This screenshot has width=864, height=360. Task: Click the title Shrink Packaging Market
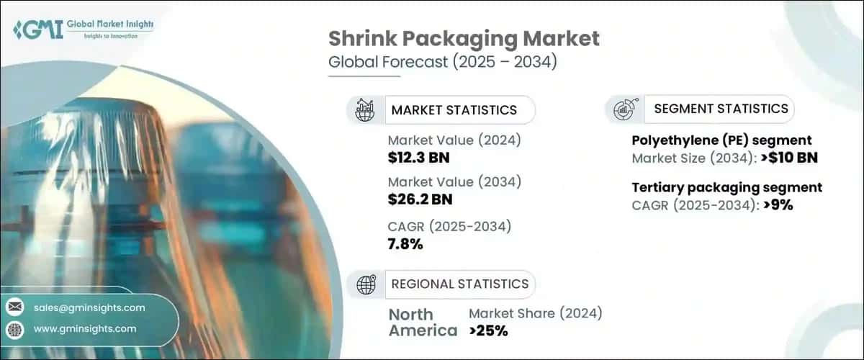464,39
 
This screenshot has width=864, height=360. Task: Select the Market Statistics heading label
454,110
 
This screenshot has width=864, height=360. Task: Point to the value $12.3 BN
420,157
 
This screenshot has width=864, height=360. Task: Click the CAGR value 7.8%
405,244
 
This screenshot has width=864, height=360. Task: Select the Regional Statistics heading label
459,284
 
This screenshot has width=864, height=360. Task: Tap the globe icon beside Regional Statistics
366,284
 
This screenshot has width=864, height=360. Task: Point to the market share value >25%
488,331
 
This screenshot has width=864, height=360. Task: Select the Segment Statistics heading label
721,109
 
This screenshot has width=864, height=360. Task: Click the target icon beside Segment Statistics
623,109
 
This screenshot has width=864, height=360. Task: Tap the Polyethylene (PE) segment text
721,140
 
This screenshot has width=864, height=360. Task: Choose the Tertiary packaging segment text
726,187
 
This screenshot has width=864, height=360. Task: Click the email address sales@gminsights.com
89,307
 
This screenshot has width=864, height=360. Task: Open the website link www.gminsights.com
85,329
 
